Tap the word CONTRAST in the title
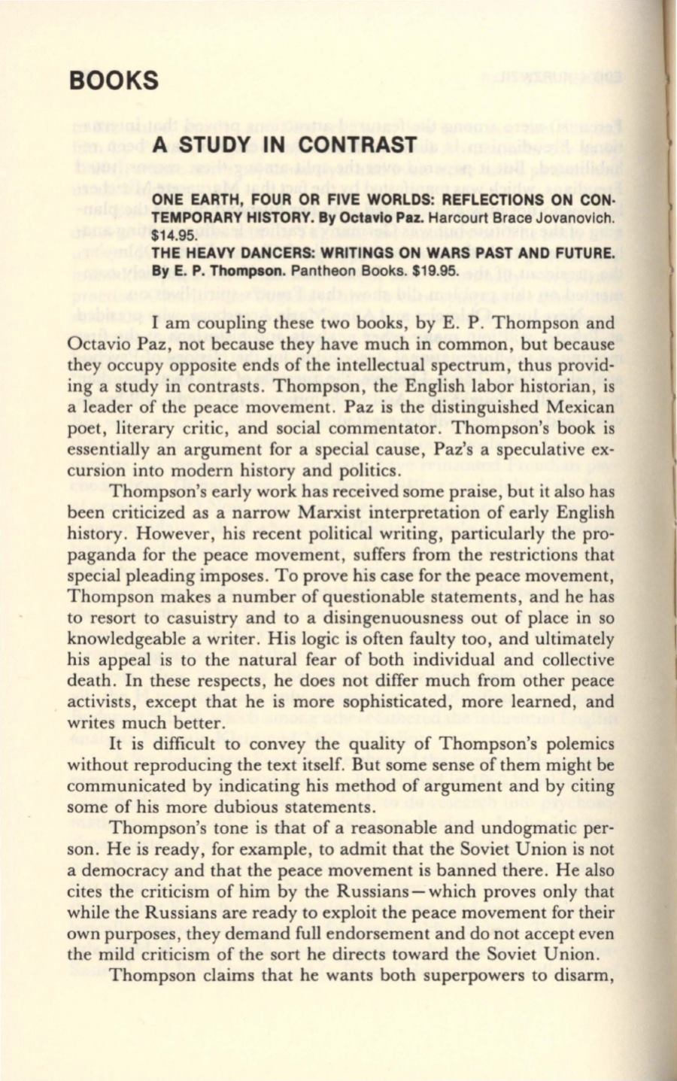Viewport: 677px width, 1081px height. [357, 144]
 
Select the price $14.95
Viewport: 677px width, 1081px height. [172, 234]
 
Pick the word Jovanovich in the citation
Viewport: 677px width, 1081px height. [570, 219]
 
